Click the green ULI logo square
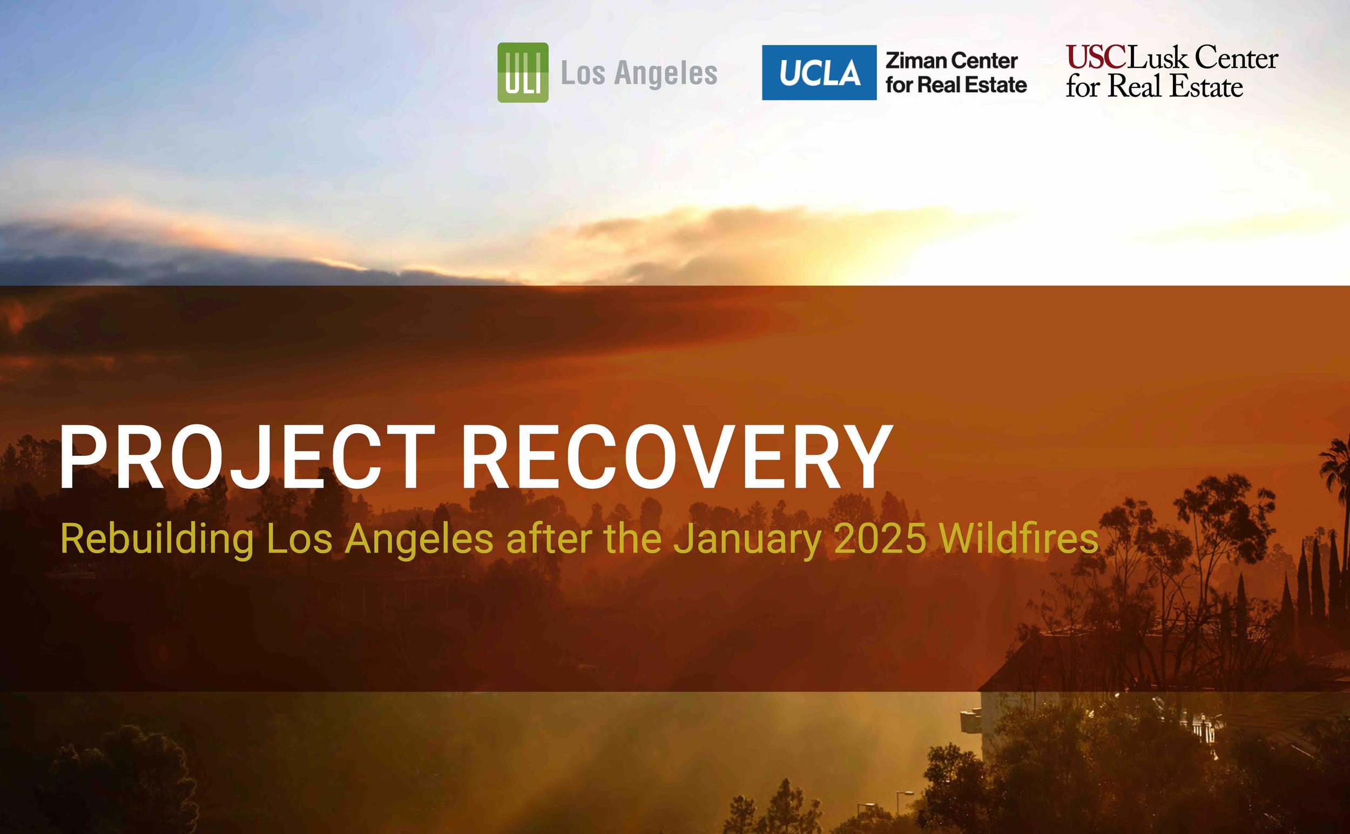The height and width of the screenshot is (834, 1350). click(x=523, y=72)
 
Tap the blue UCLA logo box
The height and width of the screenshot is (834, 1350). click(x=819, y=72)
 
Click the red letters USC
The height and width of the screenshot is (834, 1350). click(x=1095, y=58)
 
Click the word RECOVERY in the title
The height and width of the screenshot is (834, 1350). click(x=677, y=458)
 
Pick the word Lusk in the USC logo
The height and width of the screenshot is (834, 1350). click(x=1157, y=58)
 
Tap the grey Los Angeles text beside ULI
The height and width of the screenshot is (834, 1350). click(x=639, y=74)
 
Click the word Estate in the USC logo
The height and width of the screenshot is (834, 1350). click(x=1206, y=86)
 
